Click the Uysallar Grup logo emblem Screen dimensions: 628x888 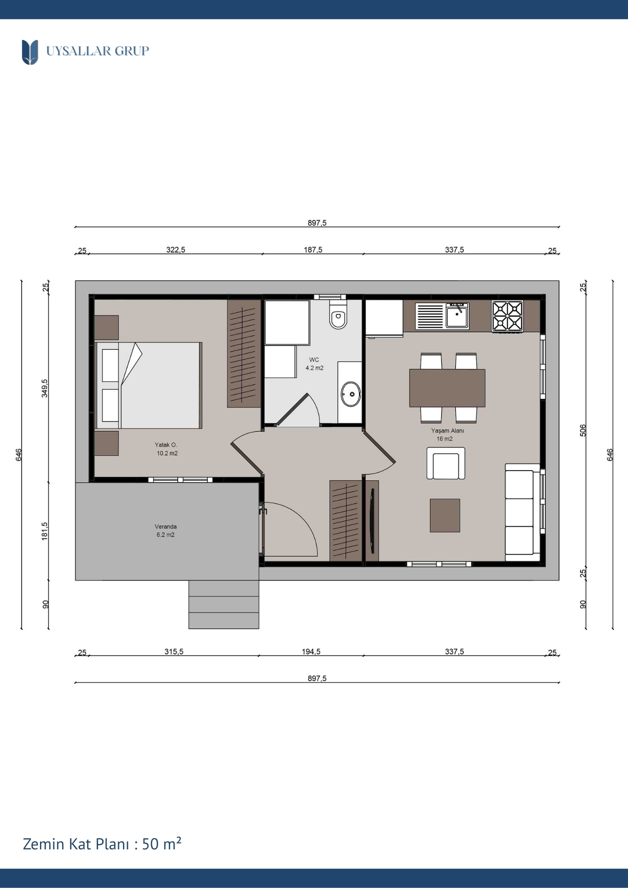[x=30, y=52]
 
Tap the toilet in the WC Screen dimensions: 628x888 [x=338, y=315]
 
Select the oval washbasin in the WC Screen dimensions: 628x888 [x=351, y=394]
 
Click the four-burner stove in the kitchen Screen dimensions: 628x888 [x=507, y=316]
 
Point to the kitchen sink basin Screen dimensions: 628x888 [x=457, y=316]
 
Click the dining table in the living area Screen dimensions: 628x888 [x=447, y=388]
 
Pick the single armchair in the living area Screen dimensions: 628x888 [x=446, y=464]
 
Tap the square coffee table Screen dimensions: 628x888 [x=445, y=515]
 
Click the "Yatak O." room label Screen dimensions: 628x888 [x=166, y=445]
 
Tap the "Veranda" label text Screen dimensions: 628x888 [x=166, y=527]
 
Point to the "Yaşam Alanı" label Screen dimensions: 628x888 [x=447, y=431]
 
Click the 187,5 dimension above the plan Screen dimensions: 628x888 [x=313, y=250]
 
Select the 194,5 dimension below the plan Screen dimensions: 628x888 [x=311, y=652]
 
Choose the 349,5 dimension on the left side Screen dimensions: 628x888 [x=45, y=388]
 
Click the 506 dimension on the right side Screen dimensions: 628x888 [x=583, y=430]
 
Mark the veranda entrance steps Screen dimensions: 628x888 [x=224, y=605]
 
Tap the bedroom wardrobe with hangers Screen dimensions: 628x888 [x=244, y=353]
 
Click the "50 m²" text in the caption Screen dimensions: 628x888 [x=162, y=844]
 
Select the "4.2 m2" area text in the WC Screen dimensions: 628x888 [x=314, y=368]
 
